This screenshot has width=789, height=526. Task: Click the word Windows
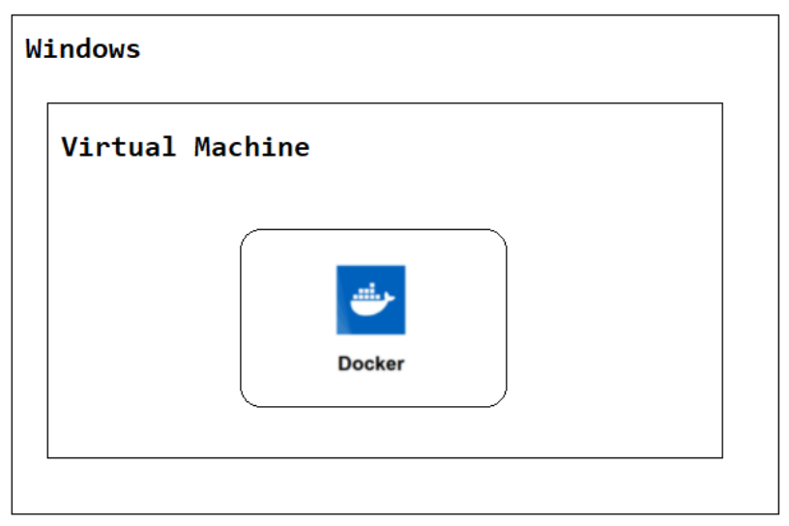pyautogui.click(x=83, y=48)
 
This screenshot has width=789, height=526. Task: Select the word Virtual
pyautogui.click(x=119, y=146)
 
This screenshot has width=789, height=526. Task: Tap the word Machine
pyautogui.click(x=252, y=146)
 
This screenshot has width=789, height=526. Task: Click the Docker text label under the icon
pyautogui.click(x=371, y=364)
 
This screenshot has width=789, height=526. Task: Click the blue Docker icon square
pyautogui.click(x=371, y=300)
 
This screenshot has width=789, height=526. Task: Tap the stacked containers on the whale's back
pyautogui.click(x=367, y=292)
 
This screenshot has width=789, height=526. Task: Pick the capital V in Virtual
pyautogui.click(x=70, y=146)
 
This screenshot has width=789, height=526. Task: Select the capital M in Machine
pyautogui.click(x=203, y=146)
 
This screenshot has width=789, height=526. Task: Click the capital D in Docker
pyautogui.click(x=344, y=364)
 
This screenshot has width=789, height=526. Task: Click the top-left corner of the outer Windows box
pyautogui.click(x=12, y=15)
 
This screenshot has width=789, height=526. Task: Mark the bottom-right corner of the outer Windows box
pyautogui.click(x=779, y=514)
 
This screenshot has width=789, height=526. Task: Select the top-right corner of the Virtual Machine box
pyautogui.click(x=722, y=103)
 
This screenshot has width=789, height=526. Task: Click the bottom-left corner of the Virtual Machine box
pyautogui.click(x=47, y=457)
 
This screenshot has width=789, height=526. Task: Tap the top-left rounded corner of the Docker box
pyautogui.click(x=246, y=235)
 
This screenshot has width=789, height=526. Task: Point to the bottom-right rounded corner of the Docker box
pyautogui.click(x=501, y=401)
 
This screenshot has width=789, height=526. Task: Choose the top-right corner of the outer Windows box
pyautogui.click(x=779, y=15)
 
